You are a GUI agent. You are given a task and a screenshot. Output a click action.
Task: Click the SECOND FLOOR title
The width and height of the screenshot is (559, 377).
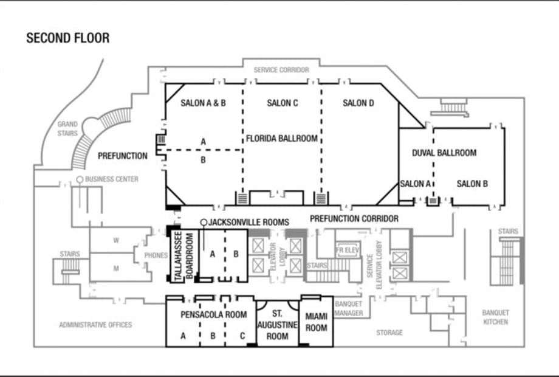(67, 38)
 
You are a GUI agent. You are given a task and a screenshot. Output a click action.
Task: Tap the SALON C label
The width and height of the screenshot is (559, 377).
(283, 103)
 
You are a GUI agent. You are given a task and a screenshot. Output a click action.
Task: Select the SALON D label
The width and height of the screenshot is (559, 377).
(358, 103)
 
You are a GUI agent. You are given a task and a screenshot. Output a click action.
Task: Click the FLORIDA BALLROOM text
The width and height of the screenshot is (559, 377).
(282, 139)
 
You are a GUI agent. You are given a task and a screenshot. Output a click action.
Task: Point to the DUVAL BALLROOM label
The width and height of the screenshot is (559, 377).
(444, 153)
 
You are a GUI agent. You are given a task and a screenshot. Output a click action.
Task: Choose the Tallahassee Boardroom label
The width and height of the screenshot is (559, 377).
(184, 255)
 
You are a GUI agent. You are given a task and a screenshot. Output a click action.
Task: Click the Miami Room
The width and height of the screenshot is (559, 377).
(316, 322)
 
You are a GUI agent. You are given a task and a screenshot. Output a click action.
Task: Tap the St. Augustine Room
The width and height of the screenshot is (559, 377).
(277, 325)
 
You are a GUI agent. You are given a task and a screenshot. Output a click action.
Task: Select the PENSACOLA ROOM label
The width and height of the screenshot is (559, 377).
(213, 314)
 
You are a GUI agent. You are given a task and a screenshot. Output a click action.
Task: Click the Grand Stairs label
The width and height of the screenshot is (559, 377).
(67, 129)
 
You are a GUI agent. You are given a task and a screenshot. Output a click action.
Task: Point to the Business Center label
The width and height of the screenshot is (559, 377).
(112, 179)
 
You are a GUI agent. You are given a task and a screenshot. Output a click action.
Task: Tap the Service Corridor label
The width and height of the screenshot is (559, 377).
(281, 70)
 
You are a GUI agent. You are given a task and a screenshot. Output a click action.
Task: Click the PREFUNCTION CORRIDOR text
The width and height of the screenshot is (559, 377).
(354, 219)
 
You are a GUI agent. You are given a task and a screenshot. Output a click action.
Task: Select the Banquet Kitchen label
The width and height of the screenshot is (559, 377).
(496, 317)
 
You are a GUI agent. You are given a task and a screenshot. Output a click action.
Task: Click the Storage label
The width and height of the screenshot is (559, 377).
(389, 333)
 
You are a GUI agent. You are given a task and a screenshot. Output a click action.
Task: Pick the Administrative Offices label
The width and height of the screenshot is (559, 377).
(95, 325)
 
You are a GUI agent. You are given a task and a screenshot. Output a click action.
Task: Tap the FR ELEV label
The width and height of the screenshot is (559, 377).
(347, 251)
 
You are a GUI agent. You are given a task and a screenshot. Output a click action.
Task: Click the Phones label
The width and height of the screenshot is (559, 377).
(156, 255)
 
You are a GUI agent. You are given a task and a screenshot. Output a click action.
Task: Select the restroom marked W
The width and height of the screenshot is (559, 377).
(116, 240)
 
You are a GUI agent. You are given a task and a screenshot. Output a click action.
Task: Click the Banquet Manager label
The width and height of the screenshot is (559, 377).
(349, 308)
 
